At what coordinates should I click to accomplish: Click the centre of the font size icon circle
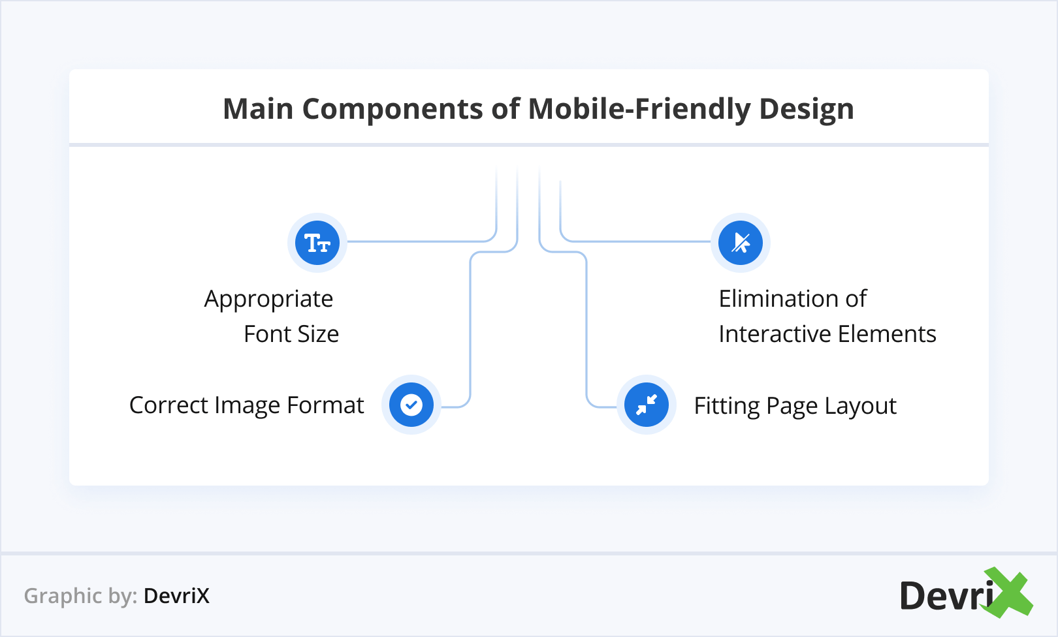coord(317,243)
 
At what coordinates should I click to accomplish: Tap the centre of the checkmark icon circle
coord(411,405)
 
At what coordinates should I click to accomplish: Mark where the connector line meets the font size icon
coord(347,241)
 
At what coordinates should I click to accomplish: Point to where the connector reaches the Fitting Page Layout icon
coord(617,406)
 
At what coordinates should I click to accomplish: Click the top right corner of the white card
coord(988,70)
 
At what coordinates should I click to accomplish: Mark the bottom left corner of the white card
coord(70,485)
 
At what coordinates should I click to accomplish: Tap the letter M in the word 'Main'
coord(236,109)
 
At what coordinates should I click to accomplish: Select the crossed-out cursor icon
coord(741,243)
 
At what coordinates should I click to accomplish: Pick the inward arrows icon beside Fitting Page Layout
coord(647,405)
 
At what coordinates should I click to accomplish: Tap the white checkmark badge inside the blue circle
coord(411,405)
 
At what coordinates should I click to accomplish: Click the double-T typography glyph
coord(317,243)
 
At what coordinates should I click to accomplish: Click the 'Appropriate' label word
coord(269,300)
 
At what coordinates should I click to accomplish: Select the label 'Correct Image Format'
coord(247,405)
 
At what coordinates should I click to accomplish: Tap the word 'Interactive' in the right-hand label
coord(775,334)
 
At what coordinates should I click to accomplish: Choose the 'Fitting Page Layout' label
coord(795,406)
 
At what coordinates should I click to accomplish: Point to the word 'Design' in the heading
coord(807,110)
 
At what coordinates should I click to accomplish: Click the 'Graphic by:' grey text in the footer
coord(81,596)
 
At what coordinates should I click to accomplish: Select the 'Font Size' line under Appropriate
coord(291,334)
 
